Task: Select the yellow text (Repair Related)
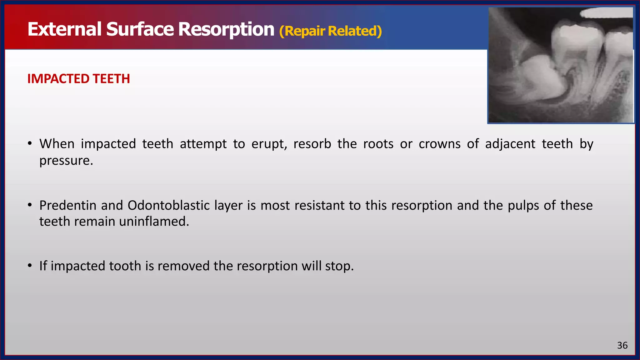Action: [x=330, y=31]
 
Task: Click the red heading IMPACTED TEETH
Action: [x=78, y=79]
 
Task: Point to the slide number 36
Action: [x=622, y=345]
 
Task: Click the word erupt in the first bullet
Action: [x=269, y=144]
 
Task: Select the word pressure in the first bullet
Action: [x=66, y=161]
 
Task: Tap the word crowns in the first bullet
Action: [x=439, y=144]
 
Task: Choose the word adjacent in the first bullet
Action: [x=510, y=144]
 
